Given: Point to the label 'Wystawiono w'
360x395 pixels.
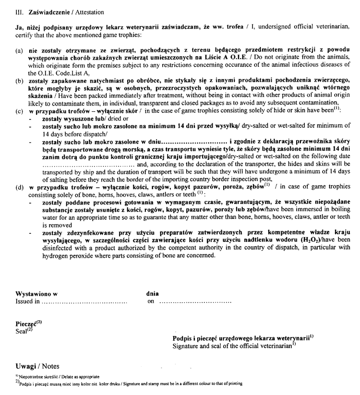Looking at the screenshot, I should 36,293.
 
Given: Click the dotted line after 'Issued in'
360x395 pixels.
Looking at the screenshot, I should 84,302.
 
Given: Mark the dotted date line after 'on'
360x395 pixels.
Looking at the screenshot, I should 195,302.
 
